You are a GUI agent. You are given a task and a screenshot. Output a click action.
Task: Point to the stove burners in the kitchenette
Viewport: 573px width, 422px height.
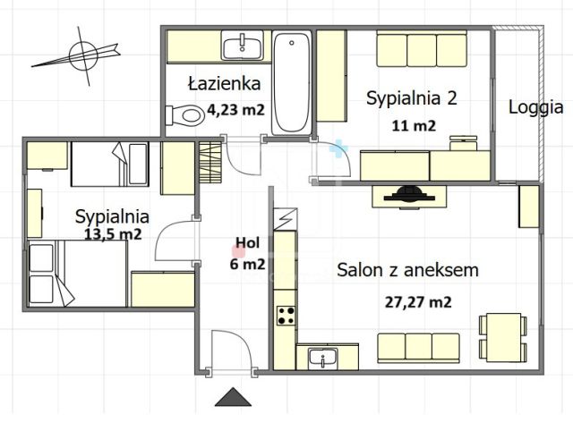[x=286, y=315]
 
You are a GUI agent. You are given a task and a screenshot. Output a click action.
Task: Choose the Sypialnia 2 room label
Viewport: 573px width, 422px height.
[x=412, y=98]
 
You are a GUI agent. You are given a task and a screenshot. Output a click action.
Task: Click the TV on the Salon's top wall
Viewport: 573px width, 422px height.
[x=407, y=193]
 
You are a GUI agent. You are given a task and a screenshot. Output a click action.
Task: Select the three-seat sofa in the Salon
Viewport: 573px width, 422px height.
[x=418, y=345]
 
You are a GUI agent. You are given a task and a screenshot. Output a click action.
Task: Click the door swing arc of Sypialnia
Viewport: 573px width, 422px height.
[x=172, y=240]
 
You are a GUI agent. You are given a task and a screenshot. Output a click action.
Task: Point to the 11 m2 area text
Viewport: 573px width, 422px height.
[x=413, y=125]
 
